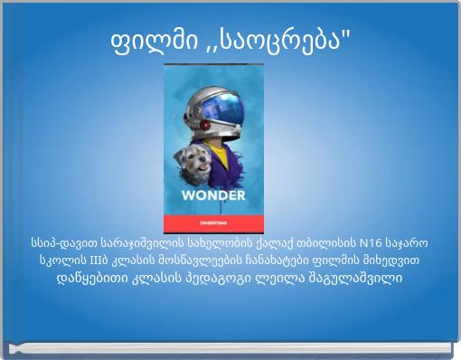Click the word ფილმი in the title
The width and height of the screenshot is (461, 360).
pyautogui.click(x=157, y=40)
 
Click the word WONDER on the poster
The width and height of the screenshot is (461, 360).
pyautogui.click(x=213, y=196)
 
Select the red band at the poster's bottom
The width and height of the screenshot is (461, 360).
pyautogui.click(x=213, y=223)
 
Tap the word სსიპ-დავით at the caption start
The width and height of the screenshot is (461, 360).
pyautogui.click(x=61, y=243)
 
